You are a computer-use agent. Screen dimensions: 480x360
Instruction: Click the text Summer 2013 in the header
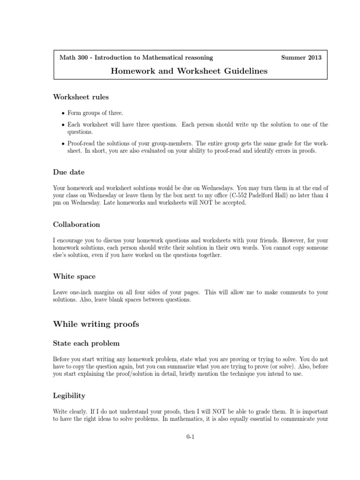click(x=301, y=58)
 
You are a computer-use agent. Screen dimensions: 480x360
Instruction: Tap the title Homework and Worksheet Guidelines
click(x=189, y=71)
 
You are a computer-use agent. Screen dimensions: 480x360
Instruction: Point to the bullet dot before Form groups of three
click(x=63, y=113)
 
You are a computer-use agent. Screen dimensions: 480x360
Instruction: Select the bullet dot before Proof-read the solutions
click(x=63, y=144)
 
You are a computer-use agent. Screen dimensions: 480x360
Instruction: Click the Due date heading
click(x=68, y=172)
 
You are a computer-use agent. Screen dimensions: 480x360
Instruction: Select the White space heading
click(x=75, y=277)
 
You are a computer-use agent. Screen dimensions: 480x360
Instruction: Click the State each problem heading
click(x=87, y=344)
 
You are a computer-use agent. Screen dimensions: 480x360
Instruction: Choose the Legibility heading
click(x=69, y=396)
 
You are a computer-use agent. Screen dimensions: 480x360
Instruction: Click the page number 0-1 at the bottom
click(x=190, y=437)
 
